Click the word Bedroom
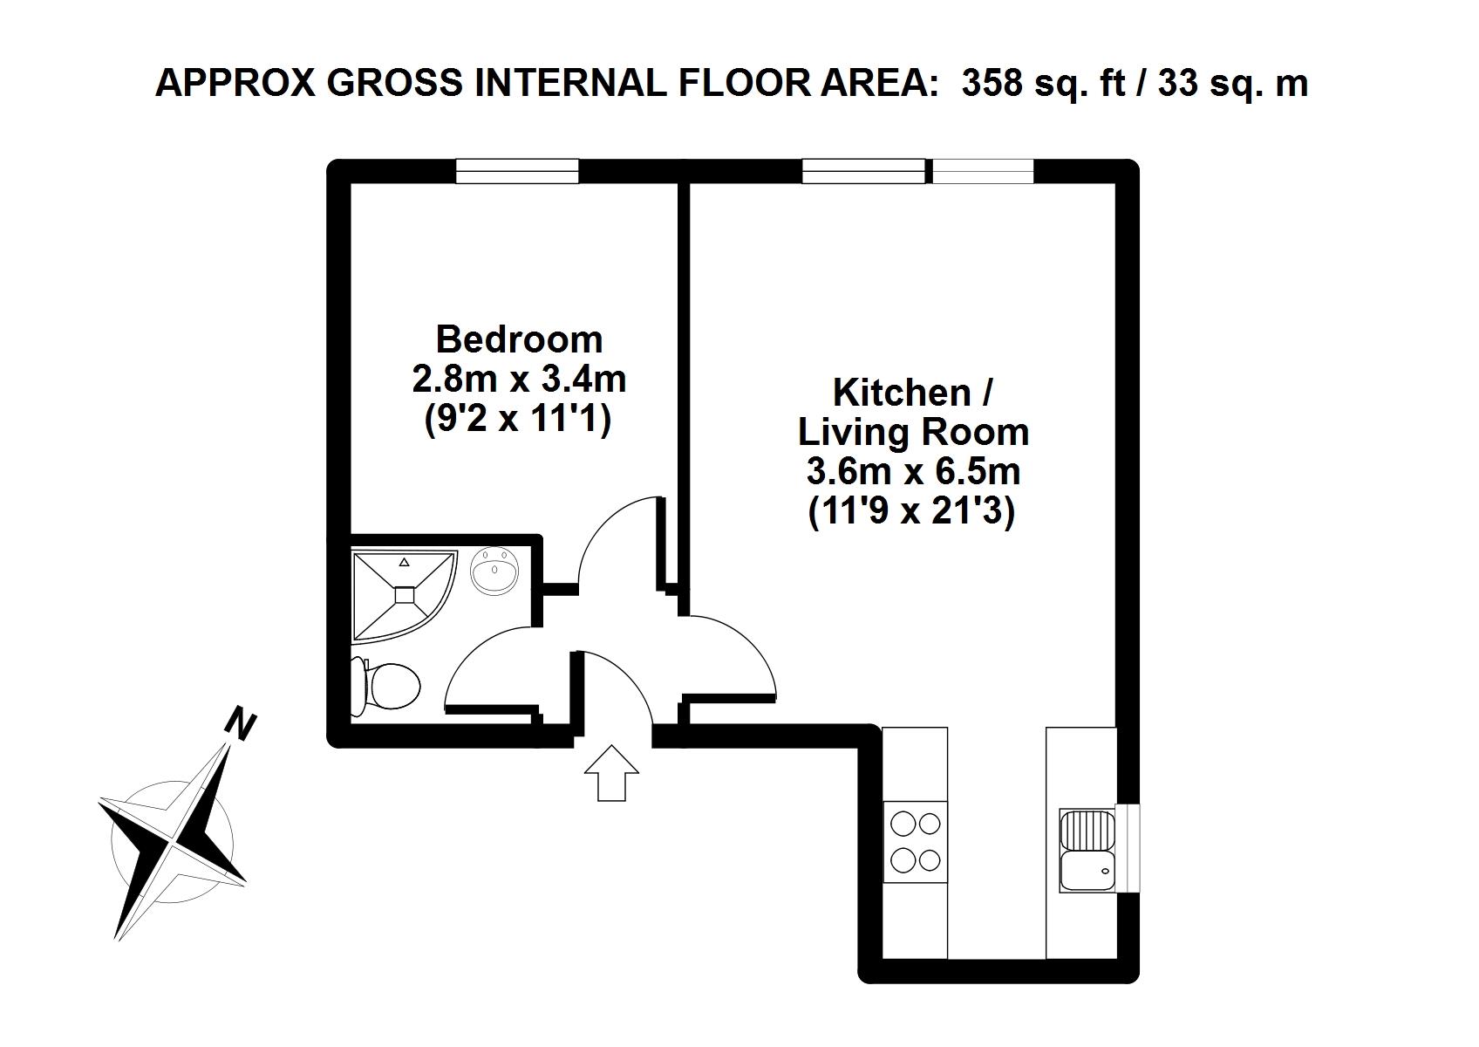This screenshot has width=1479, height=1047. tap(519, 339)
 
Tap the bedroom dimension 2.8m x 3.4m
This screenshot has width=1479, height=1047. tap(519, 380)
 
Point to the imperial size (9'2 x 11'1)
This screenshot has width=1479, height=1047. tap(518, 420)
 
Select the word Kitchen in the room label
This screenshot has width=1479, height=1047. tap(902, 393)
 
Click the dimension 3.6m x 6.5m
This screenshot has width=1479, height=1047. tap(914, 472)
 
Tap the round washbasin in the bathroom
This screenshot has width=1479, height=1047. tap(494, 570)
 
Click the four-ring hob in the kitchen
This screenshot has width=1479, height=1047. tap(915, 842)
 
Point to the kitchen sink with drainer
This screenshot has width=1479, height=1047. tap(1087, 851)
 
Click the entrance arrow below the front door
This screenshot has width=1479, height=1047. tap(611, 773)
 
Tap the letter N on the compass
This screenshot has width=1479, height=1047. tap(241, 724)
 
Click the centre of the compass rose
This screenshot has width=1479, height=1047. tap(174, 842)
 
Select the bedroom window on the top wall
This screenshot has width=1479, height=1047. tap(518, 171)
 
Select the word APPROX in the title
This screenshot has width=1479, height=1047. tap(235, 84)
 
